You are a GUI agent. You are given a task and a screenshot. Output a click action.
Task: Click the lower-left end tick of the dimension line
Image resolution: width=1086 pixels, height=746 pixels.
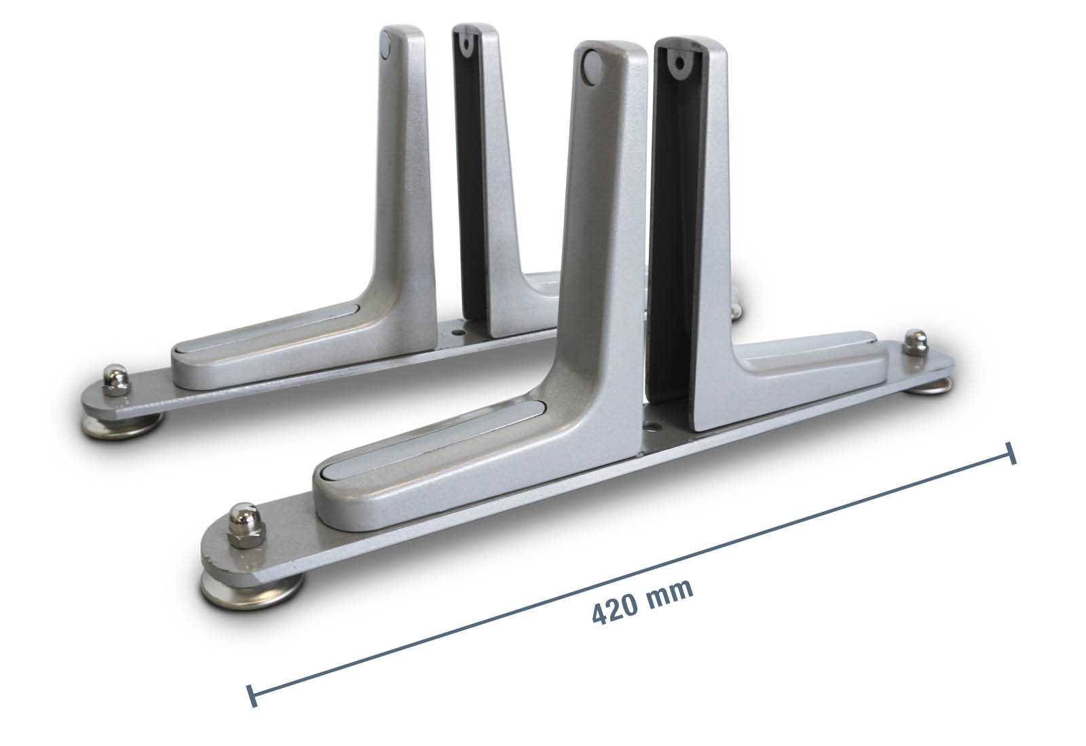252,696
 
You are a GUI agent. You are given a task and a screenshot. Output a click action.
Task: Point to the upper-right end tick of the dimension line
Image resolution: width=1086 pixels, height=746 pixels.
1011,454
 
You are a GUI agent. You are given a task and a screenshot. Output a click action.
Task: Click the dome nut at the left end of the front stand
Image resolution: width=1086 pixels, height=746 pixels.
246,525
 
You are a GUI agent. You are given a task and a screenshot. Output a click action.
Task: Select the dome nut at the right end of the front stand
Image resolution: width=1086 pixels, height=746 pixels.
916,342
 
